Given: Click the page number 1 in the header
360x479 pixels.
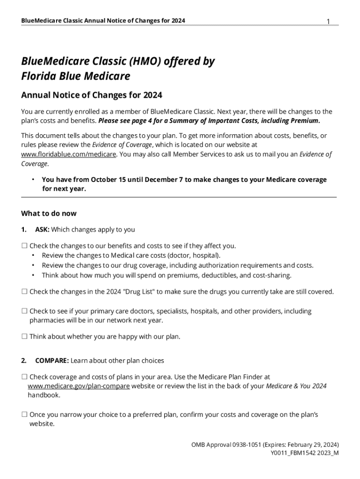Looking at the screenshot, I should (x=328, y=22).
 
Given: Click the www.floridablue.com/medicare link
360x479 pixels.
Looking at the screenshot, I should (x=69, y=154).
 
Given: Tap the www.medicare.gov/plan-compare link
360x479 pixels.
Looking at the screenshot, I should (x=79, y=386).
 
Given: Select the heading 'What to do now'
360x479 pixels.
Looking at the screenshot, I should (x=49, y=213).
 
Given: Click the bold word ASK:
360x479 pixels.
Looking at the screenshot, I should (x=42, y=229).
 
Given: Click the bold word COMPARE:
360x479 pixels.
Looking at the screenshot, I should (x=52, y=361).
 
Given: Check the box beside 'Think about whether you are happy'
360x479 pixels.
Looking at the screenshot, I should (x=24, y=336).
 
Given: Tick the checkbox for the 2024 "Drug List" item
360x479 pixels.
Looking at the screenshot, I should (x=24, y=292).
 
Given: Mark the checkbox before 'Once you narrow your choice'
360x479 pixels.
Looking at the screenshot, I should (x=24, y=415).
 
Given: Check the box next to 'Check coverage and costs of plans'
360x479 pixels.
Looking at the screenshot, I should (x=24, y=377).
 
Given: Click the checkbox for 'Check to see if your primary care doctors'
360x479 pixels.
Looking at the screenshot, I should (x=24, y=312).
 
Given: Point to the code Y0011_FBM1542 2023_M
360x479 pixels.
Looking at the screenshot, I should (x=304, y=453).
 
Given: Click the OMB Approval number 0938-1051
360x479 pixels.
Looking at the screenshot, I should (x=248, y=444).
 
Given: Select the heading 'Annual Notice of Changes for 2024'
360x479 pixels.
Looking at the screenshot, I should (x=92, y=95).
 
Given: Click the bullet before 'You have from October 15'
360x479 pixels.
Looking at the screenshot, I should (x=33, y=180).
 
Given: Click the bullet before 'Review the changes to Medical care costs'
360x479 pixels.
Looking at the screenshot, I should (x=33, y=255).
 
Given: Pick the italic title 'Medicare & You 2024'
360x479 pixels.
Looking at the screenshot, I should (x=296, y=386).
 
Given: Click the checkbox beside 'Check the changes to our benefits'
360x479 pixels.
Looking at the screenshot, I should (x=24, y=246).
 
